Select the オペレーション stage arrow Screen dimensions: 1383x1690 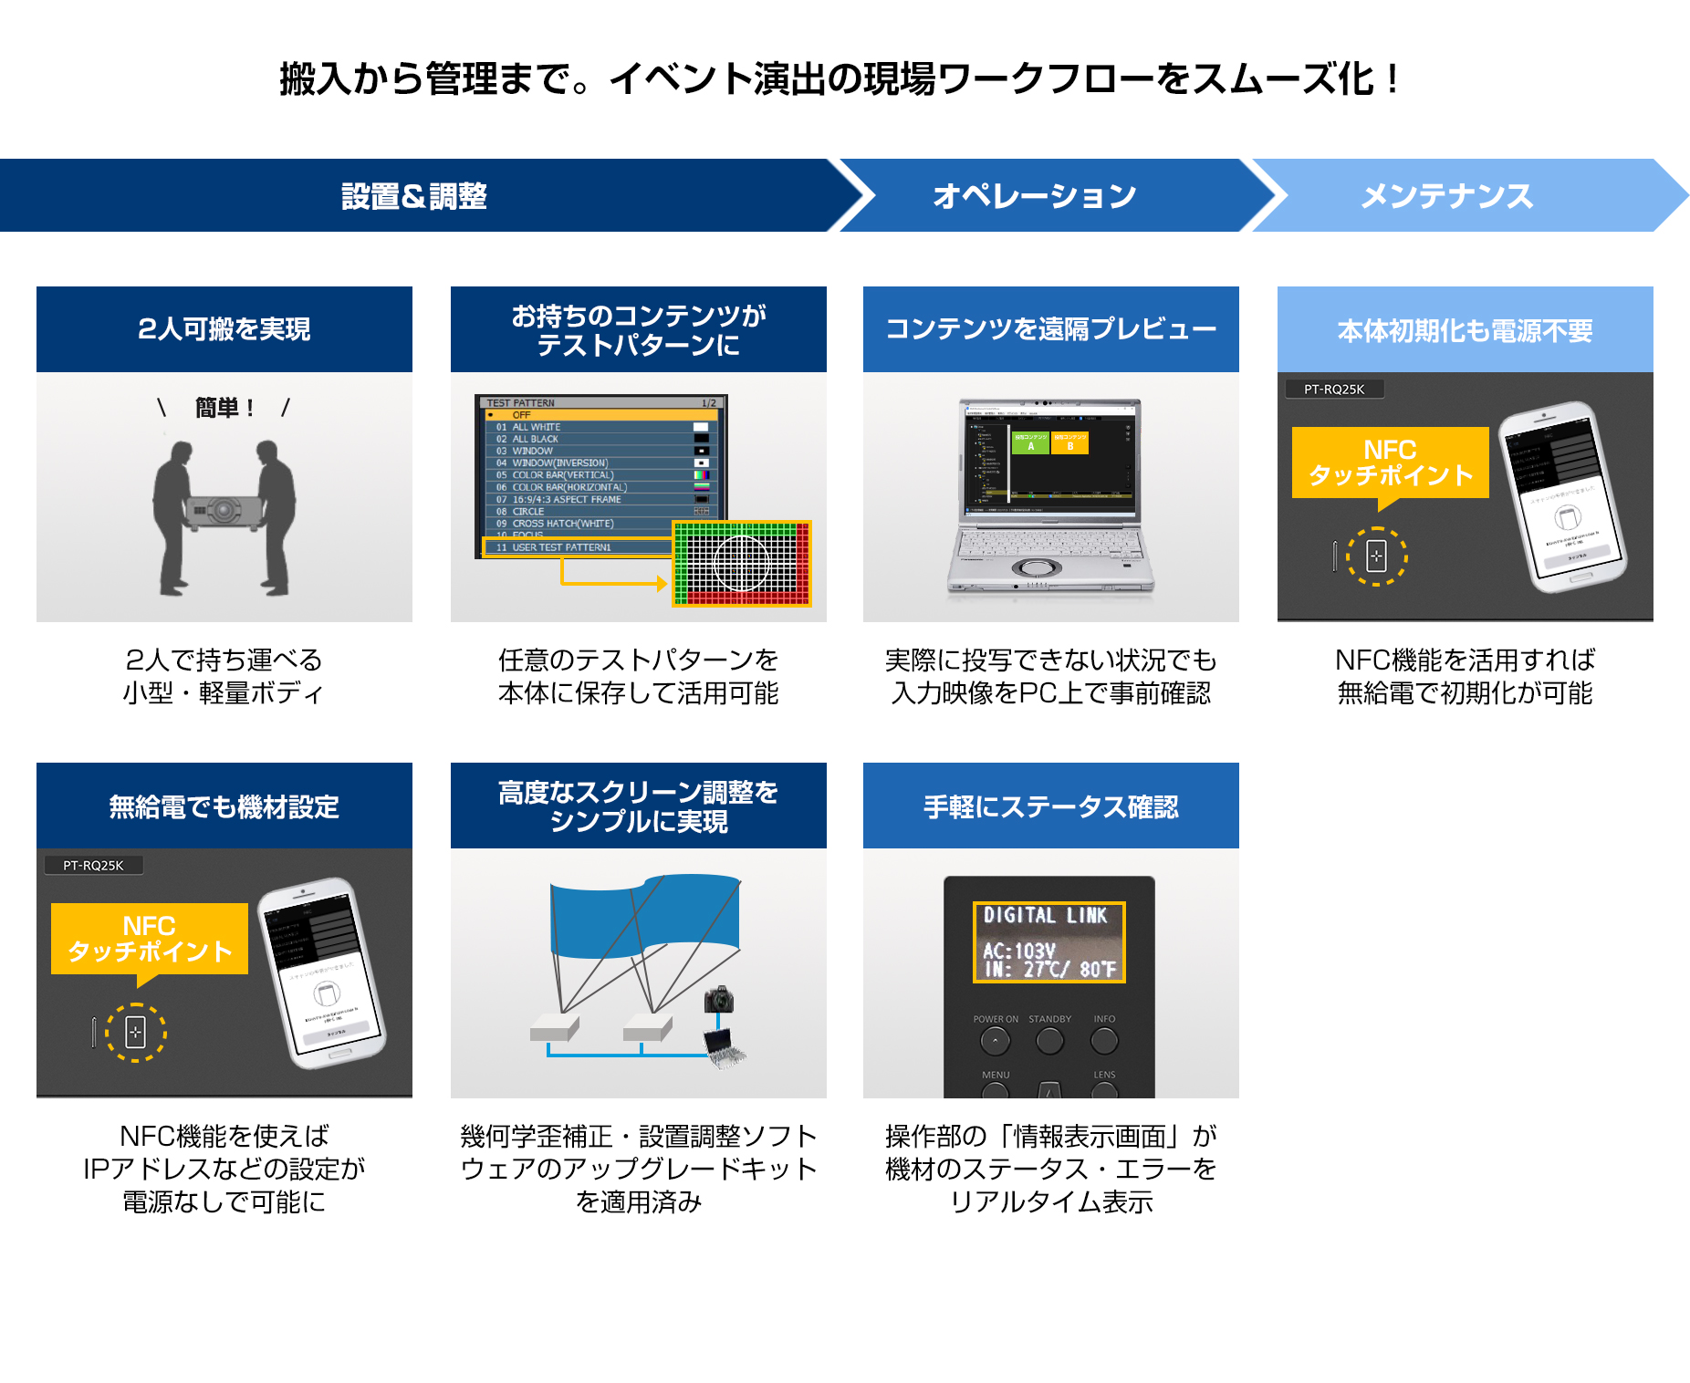[x=1034, y=196]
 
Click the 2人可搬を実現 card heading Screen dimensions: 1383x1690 [x=224, y=329]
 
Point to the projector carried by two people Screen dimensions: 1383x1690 [x=223, y=511]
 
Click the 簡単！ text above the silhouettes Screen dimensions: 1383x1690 [x=224, y=408]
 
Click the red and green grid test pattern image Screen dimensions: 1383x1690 [x=742, y=564]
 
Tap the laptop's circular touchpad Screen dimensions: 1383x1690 [x=1037, y=567]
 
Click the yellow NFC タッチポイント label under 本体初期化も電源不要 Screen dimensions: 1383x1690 [x=1390, y=463]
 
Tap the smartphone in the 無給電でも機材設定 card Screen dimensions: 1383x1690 [x=323, y=972]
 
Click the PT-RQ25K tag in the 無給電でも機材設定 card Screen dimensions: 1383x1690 [x=93, y=865]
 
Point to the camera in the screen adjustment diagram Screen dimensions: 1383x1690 [x=719, y=999]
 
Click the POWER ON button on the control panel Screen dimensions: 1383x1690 [x=995, y=1040]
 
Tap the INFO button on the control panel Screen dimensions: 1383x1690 [x=1104, y=1040]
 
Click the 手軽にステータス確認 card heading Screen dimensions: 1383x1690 [x=1051, y=806]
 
